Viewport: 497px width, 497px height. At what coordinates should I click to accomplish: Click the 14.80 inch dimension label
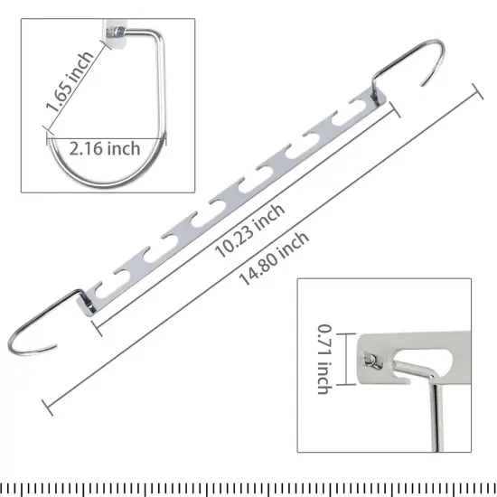274,257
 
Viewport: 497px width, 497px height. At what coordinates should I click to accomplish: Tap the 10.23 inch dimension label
250,230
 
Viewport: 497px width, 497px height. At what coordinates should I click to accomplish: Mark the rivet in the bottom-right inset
370,361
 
